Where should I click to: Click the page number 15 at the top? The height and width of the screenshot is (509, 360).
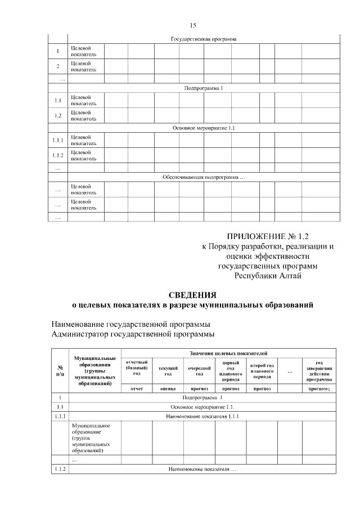click(x=193, y=25)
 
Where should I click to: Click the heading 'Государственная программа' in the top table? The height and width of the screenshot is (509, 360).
click(x=204, y=39)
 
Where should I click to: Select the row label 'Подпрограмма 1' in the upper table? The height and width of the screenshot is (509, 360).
click(x=204, y=89)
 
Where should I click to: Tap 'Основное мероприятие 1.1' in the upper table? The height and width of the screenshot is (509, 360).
click(x=204, y=128)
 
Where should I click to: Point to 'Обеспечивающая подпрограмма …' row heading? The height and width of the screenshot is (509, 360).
click(x=204, y=177)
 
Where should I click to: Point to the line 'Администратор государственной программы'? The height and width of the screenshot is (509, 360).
click(x=133, y=335)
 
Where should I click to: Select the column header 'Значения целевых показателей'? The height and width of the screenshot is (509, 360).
click(x=228, y=352)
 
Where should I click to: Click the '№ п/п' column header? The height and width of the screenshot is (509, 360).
click(x=59, y=370)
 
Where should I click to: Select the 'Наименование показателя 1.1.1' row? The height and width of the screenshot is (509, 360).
click(x=203, y=416)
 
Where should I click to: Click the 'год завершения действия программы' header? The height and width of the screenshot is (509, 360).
click(x=319, y=371)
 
